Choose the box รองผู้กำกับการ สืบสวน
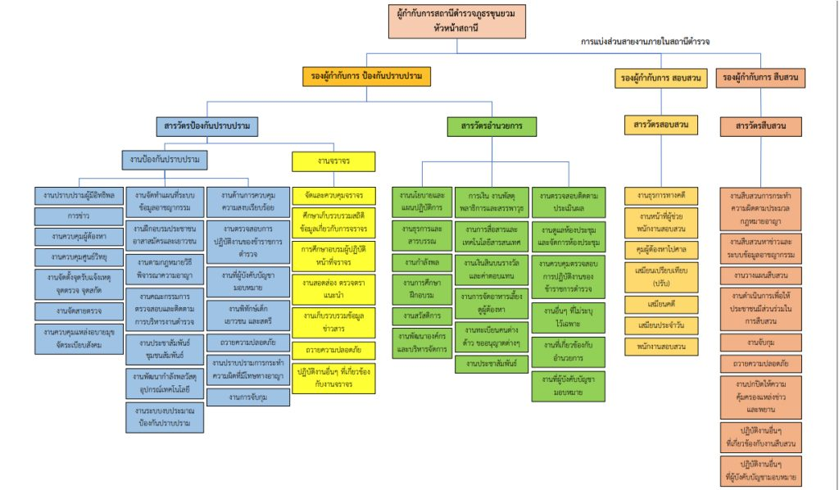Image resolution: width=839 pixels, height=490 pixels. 760,77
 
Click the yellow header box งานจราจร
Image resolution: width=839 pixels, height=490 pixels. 333,161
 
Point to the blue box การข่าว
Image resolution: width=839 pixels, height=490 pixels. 79,216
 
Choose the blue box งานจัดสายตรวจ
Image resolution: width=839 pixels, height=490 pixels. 79,311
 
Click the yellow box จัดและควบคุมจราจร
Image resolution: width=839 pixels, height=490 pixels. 333,196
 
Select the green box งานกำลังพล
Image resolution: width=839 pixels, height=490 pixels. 422,261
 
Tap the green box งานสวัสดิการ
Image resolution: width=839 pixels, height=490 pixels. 422,315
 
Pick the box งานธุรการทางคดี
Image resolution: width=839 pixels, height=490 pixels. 660,196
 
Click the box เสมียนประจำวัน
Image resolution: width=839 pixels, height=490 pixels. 660,324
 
